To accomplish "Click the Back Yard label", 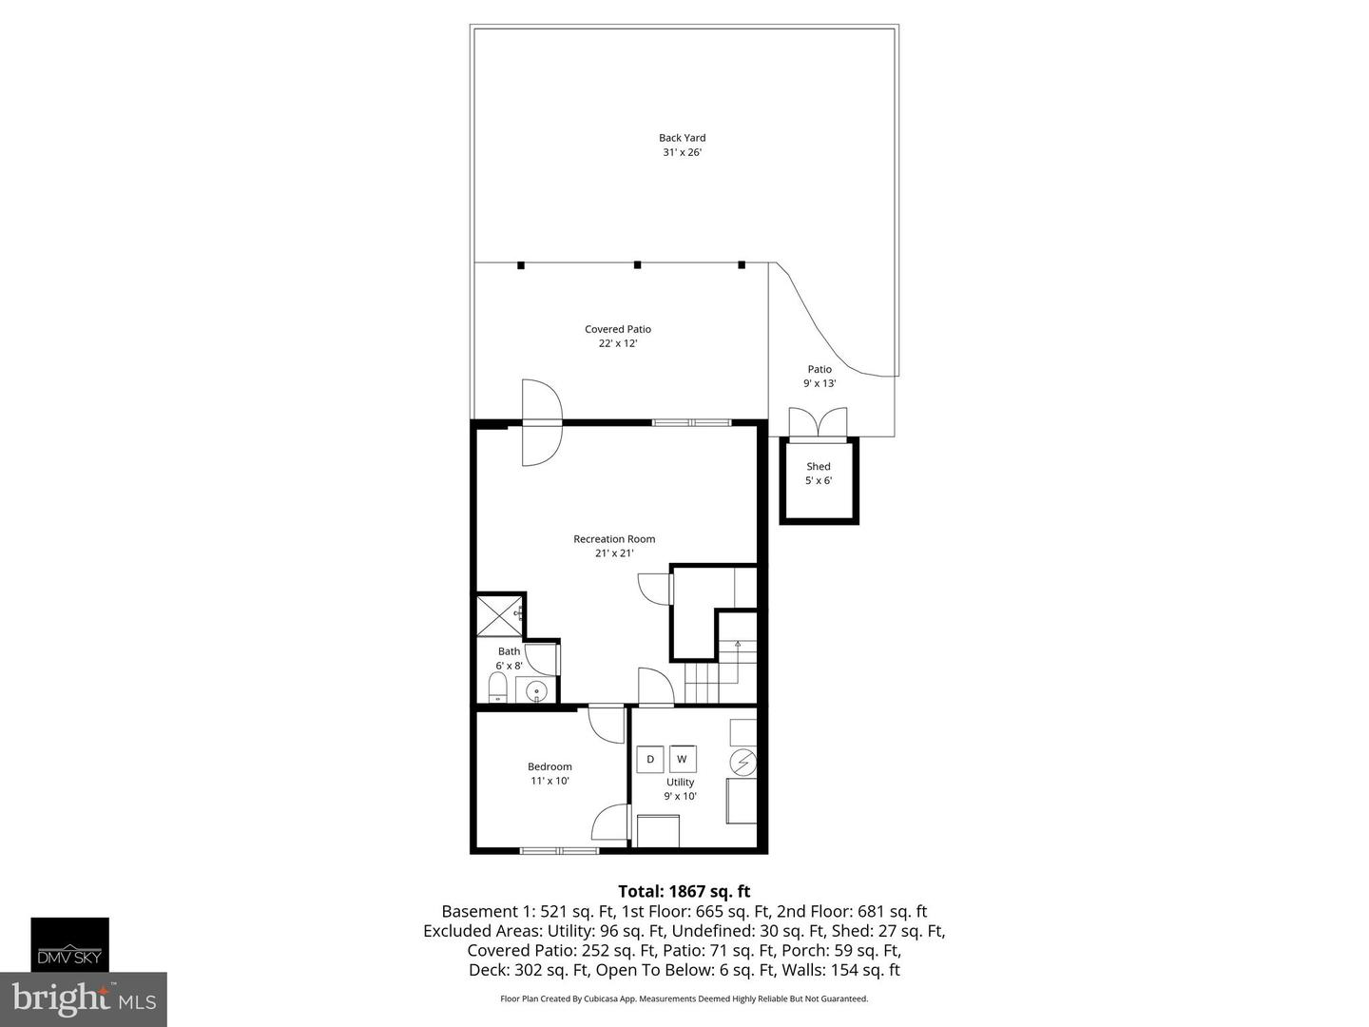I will tap(682, 138).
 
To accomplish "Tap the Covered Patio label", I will tap(618, 329).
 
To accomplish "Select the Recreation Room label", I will tap(614, 539).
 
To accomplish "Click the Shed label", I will tap(819, 466).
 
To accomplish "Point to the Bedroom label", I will tap(550, 766).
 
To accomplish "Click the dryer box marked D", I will tap(650, 759).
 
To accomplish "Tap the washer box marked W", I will tap(682, 759).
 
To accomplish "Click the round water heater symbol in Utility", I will tap(743, 763).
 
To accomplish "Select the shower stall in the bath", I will tap(499, 615).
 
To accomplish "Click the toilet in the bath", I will tap(498, 687).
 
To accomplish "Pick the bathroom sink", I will tap(539, 691).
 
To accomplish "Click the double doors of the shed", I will tap(818, 422).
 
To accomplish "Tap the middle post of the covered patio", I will tap(637, 265).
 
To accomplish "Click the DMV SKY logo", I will tap(70, 944).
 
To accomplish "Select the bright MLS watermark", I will tap(84, 998).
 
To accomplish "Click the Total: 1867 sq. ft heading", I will tap(684, 891).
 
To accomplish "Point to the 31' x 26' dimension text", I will tap(682, 152).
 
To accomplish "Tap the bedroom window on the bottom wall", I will tap(559, 850).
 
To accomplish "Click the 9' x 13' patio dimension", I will tap(819, 383).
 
